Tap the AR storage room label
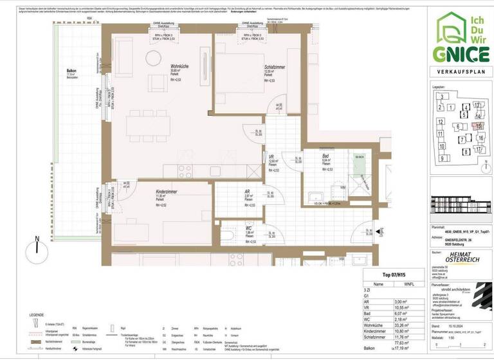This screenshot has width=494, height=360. [247, 192]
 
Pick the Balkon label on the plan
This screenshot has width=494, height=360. [71, 71]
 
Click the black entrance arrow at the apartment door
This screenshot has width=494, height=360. [380, 231]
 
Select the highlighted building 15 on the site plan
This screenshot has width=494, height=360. [479, 126]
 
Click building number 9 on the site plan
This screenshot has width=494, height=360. [442, 157]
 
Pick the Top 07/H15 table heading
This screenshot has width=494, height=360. [394, 273]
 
